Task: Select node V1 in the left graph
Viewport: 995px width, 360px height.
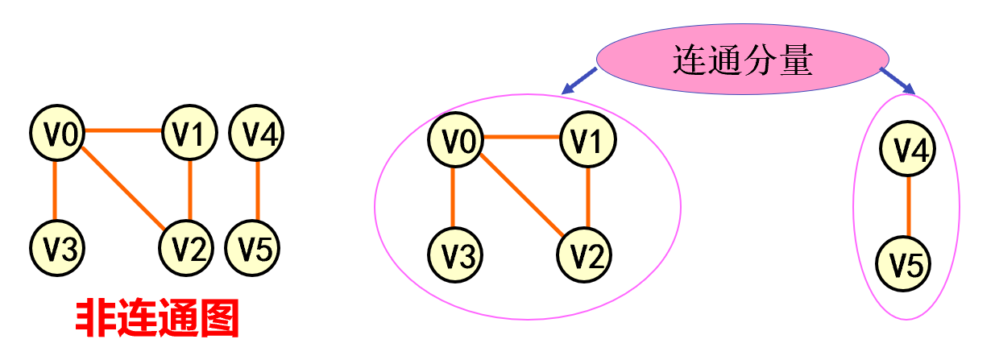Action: click(190, 133)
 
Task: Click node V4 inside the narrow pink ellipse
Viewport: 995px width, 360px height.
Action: click(907, 150)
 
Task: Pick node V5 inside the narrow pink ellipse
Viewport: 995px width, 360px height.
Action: click(907, 263)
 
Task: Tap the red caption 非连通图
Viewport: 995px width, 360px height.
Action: click(158, 319)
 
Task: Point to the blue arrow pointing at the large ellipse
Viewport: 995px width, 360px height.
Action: click(578, 81)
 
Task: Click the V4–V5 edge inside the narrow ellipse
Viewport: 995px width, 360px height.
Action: click(908, 206)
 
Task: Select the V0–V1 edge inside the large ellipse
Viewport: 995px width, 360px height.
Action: click(522, 138)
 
